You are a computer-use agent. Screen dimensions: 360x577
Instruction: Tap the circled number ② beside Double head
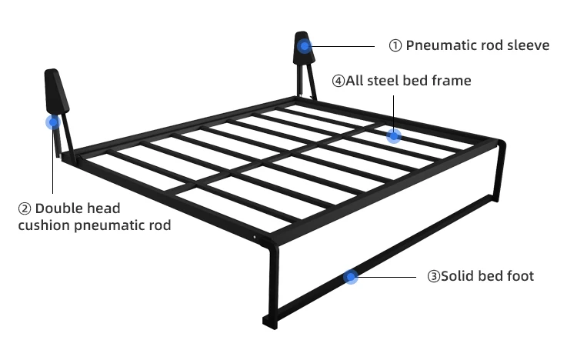click(25, 208)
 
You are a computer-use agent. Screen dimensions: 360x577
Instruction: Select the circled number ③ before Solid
click(432, 276)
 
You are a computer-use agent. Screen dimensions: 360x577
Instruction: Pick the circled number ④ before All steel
click(338, 80)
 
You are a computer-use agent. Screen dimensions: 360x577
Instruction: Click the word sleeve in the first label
click(529, 45)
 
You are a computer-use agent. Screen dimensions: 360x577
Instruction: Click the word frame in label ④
click(452, 80)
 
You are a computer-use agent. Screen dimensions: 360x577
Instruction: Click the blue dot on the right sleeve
click(305, 46)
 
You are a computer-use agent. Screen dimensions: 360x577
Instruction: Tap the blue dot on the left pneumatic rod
click(53, 122)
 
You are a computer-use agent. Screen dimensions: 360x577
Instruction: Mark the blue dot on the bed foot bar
click(350, 277)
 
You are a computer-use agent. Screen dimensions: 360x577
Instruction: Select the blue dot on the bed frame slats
click(394, 136)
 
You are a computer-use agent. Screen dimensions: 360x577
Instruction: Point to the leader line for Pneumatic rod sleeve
click(346, 46)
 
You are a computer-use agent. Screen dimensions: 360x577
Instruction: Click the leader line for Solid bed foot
click(389, 277)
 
